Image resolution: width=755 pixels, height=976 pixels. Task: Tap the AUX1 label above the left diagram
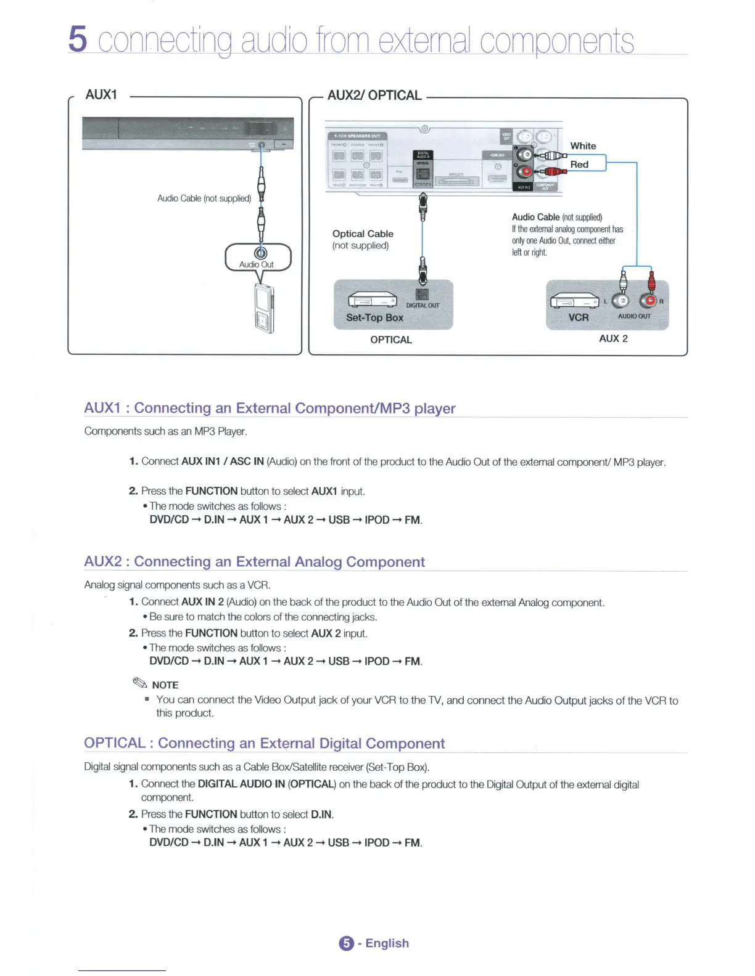point(101,94)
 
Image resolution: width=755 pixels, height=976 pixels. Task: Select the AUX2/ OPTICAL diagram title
point(374,95)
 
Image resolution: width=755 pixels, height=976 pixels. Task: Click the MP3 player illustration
point(264,308)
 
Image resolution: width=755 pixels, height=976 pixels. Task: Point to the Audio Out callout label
point(257,264)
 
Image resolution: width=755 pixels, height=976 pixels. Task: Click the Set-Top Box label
point(374,317)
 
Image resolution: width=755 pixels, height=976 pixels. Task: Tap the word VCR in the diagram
point(578,317)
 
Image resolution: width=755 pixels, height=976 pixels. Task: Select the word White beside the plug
point(583,146)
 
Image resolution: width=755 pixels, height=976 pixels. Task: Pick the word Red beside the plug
point(579,165)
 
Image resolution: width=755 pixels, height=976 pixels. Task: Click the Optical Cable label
point(363,234)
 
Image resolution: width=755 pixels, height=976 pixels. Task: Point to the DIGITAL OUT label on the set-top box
point(423,306)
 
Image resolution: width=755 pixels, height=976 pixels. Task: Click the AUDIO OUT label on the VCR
point(634,316)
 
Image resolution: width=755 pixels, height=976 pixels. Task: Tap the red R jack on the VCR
point(648,300)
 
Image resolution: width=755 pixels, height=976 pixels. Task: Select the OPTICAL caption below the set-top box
point(391,340)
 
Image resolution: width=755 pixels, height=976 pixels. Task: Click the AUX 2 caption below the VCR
point(613,338)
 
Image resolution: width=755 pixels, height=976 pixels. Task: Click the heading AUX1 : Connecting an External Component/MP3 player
point(270,408)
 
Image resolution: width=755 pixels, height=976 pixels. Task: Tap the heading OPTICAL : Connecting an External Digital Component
point(264,743)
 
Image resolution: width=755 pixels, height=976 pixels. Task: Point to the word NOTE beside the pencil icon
point(165,685)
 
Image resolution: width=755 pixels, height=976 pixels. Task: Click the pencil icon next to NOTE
point(140,683)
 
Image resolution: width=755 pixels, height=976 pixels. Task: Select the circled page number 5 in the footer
point(347,943)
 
